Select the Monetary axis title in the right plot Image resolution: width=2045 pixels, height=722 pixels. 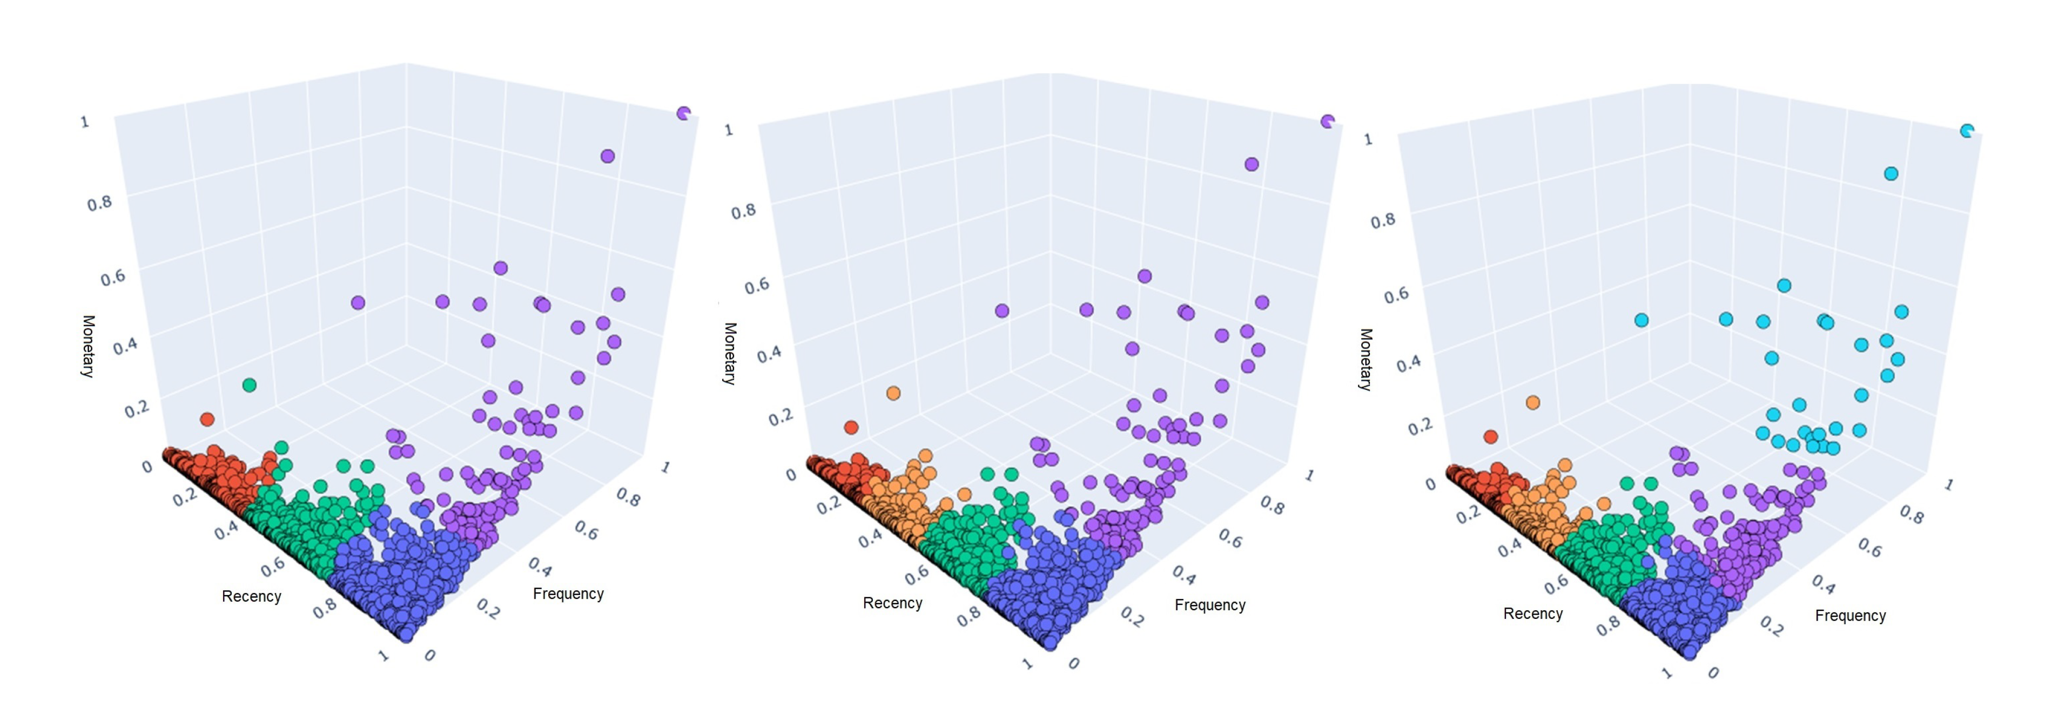(1365, 360)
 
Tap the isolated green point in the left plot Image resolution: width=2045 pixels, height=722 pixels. (249, 385)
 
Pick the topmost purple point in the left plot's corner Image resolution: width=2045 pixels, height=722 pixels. (683, 113)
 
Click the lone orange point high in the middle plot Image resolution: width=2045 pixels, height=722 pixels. (893, 393)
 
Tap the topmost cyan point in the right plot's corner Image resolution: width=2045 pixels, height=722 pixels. (1966, 131)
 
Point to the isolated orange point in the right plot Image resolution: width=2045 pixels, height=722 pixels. (1533, 402)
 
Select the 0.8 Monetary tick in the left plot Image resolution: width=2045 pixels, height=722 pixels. (99, 203)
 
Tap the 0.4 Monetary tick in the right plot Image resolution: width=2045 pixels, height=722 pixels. (1408, 363)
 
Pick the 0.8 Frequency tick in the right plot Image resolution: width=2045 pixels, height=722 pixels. (1912, 516)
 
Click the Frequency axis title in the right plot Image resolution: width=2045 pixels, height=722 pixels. (1849, 616)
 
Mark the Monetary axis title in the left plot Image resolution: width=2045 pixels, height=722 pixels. (88, 346)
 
